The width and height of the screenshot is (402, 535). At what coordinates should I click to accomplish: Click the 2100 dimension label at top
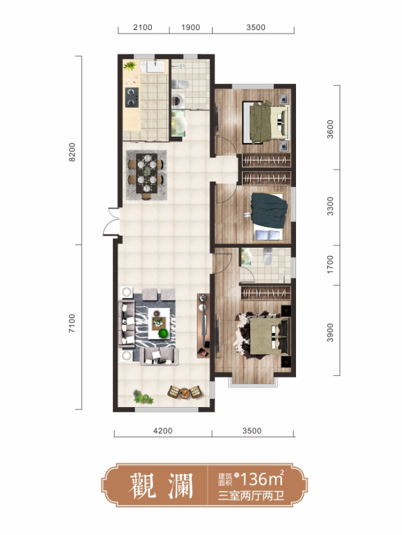pos(142,28)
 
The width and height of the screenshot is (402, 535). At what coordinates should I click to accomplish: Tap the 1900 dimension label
pos(191,28)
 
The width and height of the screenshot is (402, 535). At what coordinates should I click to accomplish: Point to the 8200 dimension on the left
pos(72,152)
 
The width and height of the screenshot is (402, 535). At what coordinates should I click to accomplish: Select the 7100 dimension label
pos(72,324)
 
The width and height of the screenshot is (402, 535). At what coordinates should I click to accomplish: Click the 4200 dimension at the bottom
pos(163,431)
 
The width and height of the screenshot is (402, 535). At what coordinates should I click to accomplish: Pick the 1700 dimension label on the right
pos(330,265)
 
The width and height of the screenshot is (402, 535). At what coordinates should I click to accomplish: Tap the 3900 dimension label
pos(330,332)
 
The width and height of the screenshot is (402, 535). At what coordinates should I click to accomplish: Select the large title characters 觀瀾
pos(161,485)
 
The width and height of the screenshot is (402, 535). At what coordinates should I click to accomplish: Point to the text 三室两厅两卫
pos(251,495)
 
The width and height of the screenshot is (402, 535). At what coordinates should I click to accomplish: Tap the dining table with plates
pos(147,173)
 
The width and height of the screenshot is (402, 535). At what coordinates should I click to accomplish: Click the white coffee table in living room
pos(159,323)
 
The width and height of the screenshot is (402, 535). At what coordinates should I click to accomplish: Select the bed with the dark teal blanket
pos(268,218)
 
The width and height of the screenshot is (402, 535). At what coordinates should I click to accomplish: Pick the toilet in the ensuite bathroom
pos(268,257)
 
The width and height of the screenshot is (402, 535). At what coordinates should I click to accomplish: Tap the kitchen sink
pos(156,66)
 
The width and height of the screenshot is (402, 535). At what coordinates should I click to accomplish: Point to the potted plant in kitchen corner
pos(130,65)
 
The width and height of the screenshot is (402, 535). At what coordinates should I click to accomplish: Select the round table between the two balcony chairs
pos(184,393)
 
